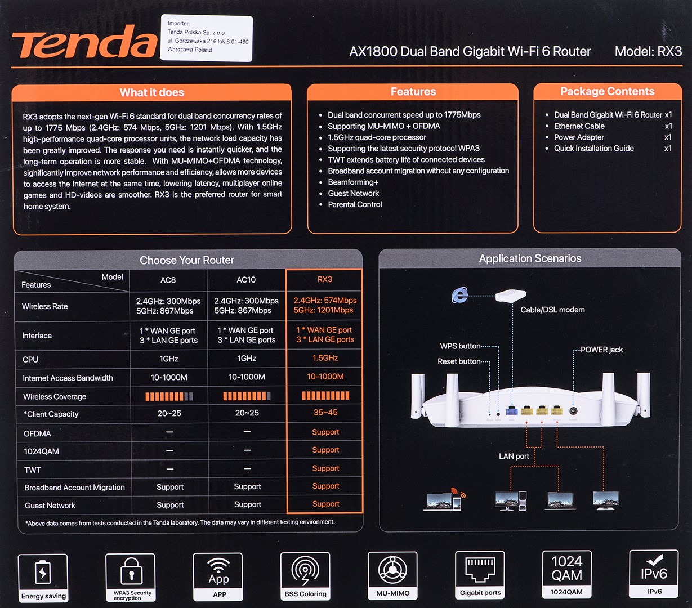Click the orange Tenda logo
[x=84, y=42]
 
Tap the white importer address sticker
[x=207, y=38]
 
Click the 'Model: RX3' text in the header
[x=648, y=51]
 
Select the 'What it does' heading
[x=151, y=92]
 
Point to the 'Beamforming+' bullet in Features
[x=353, y=182]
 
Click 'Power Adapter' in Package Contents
[x=579, y=137]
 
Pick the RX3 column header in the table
[x=324, y=279]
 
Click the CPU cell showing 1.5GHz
[x=325, y=358]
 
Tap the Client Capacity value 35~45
[x=325, y=412]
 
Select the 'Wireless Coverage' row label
[x=55, y=396]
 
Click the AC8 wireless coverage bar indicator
[x=169, y=396]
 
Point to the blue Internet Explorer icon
[x=460, y=294]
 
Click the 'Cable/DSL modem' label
[x=552, y=310]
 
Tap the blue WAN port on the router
[x=511, y=410]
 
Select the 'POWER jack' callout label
[x=601, y=350]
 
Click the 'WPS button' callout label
[x=460, y=346]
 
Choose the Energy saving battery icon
[x=43, y=572]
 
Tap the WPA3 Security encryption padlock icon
[x=132, y=571]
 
